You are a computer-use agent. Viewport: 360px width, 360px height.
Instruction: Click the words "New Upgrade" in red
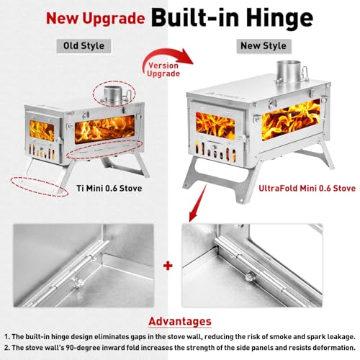95,19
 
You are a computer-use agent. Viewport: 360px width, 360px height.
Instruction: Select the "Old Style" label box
84,46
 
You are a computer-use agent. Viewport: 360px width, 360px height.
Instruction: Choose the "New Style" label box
264,46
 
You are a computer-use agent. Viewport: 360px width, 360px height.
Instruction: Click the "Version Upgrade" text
163,70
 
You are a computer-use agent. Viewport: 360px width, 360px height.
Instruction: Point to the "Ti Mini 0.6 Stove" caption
109,188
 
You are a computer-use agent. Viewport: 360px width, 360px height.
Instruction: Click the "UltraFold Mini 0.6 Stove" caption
307,188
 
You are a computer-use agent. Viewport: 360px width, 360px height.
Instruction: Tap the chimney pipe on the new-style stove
288,71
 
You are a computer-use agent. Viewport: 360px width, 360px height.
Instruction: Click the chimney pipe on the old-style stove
113,94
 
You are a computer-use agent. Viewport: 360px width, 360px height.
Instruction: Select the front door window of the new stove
215,126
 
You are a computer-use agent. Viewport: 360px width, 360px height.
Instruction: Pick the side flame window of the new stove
291,120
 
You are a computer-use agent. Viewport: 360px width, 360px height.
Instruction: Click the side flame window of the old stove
104,129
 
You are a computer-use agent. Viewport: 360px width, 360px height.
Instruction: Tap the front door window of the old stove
42,130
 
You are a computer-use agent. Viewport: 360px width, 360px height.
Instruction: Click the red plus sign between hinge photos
168,266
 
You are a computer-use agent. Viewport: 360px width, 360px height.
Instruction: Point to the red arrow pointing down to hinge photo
198,203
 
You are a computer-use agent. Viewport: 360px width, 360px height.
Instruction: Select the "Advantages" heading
180,321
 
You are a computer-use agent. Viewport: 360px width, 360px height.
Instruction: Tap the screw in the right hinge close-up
248,276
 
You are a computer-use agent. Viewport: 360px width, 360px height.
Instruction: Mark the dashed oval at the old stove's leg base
39,186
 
